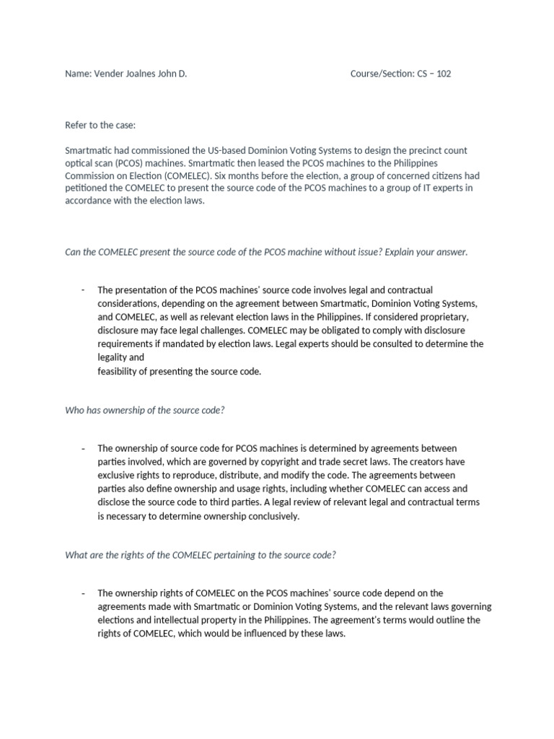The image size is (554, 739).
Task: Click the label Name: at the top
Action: pos(78,74)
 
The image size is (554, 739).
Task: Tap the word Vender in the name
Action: pos(108,74)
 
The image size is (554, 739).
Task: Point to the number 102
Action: pos(443,74)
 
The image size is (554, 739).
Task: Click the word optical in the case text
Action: pos(78,163)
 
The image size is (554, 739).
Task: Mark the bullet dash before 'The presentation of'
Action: pos(84,290)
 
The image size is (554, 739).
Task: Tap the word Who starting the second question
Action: pos(75,410)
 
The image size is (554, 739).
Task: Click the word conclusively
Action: pos(271,516)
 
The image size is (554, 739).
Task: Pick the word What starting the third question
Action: pos(76,555)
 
